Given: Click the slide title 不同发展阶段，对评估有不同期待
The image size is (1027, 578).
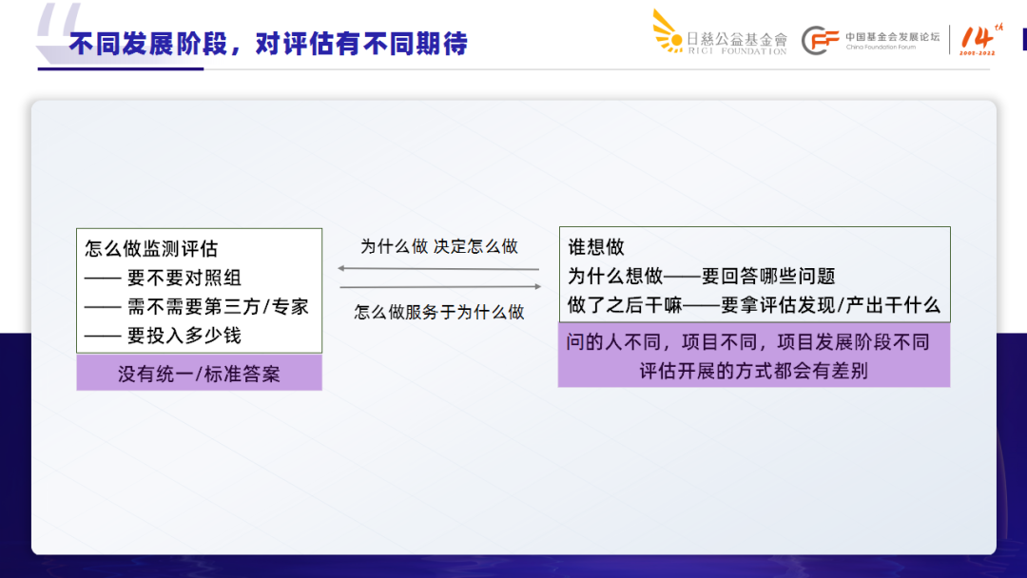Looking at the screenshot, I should [268, 44].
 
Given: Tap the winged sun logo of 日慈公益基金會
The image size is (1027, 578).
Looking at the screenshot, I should [669, 30].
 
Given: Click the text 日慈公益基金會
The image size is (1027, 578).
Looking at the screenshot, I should [737, 39].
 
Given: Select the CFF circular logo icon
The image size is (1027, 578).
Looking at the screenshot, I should [820, 40].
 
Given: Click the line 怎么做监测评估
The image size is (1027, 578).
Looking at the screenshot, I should [151, 249].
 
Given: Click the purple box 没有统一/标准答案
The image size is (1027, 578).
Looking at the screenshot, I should [199, 374].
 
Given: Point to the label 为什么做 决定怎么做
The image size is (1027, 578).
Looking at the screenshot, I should [438, 246].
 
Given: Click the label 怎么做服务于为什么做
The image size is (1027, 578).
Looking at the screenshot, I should [438, 312].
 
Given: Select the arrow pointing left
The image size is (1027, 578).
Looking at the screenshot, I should [438, 269].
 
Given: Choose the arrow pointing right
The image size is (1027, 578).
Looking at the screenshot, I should [440, 287].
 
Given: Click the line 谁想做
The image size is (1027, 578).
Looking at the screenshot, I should [596, 247].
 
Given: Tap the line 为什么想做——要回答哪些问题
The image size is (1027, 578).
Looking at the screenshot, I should [701, 276].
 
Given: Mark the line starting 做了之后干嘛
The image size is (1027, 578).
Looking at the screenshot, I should [753, 305].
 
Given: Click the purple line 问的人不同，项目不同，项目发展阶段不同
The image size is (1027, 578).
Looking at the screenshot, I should [747, 342].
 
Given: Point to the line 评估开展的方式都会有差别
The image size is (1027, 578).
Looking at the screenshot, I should [753, 371].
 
